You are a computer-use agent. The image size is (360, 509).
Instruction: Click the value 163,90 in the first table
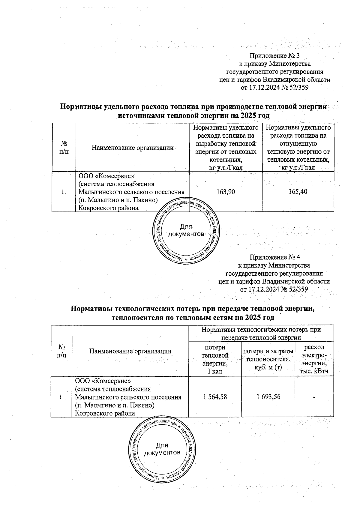226,192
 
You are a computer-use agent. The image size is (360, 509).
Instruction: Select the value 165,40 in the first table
298,192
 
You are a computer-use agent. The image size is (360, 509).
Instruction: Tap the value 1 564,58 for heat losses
215,397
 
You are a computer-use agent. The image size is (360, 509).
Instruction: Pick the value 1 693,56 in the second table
268,397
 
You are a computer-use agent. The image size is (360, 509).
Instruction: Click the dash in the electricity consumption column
314,397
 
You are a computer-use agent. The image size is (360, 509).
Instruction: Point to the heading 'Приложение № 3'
275,56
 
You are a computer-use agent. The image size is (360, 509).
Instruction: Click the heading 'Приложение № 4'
275,257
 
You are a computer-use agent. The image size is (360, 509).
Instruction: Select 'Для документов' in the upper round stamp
186,230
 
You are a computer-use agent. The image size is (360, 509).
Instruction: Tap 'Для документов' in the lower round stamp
162,449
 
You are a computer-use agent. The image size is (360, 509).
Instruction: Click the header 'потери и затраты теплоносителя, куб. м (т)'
268,359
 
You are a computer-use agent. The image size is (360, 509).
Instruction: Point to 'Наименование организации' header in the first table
132,148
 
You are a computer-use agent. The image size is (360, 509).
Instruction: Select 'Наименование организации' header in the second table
130,351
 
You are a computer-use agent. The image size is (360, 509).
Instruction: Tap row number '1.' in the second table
61,397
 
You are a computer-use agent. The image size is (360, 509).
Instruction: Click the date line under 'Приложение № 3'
275,88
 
